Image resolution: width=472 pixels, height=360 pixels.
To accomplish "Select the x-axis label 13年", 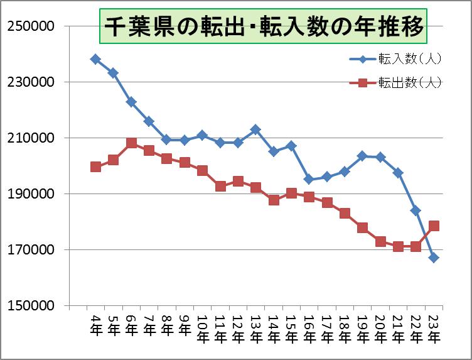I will pos(256,327).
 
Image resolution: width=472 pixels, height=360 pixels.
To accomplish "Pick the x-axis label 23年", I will pos(434,327).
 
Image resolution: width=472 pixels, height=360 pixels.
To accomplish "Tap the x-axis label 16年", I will pos(309,327).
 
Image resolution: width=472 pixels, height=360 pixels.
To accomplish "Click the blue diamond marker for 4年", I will pos(95,59).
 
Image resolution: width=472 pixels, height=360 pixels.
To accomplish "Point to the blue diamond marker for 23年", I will pos(434,258).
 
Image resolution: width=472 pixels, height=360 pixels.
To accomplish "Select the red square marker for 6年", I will pos(131,143).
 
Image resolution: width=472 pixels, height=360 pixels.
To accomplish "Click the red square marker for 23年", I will pos(434,226).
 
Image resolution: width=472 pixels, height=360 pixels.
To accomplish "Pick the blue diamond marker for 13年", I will pos(255,129).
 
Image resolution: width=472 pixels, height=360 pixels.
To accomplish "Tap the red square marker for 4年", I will pos(95,166).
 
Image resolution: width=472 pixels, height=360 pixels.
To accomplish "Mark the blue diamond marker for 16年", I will pos(309,179).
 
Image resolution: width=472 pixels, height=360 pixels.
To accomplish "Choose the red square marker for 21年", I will pos(398,246).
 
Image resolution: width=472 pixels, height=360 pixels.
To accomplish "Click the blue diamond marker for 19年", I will pos(362,155).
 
